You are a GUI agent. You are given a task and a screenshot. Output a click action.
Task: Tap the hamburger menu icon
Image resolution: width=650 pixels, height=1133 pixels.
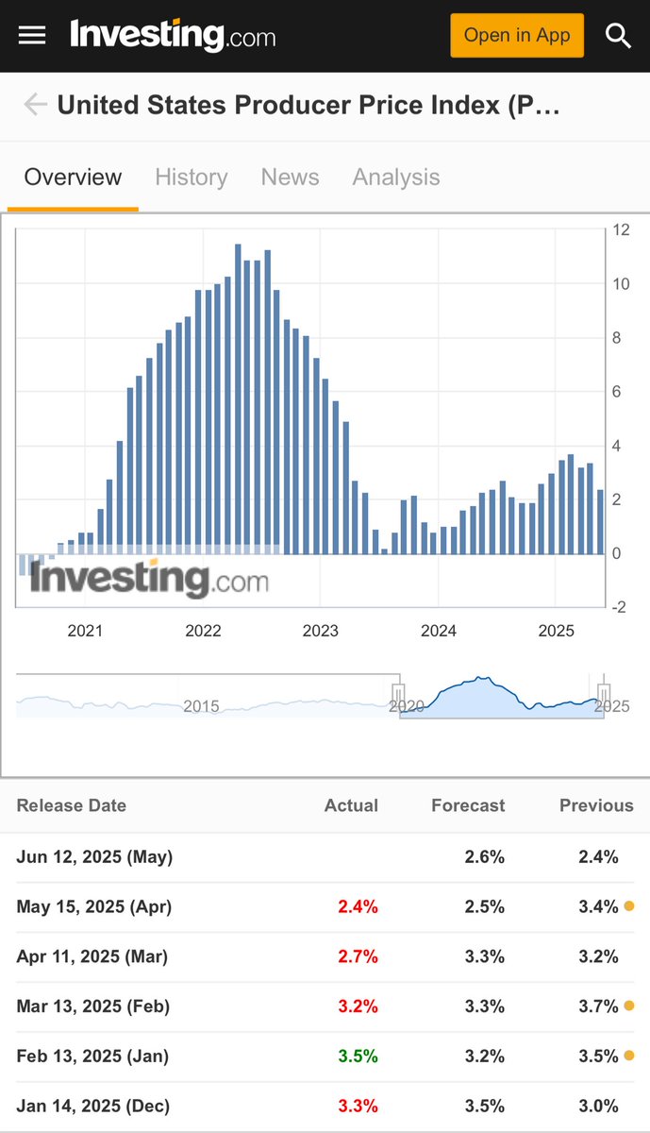32,36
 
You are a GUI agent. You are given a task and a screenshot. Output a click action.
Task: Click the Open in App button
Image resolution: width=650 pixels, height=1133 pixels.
517,36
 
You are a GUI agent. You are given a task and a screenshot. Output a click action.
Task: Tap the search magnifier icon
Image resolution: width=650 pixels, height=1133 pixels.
618,36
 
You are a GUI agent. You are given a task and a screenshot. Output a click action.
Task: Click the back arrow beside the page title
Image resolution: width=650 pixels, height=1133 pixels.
36,104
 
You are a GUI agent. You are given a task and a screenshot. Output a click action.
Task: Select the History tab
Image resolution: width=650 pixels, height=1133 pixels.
192,178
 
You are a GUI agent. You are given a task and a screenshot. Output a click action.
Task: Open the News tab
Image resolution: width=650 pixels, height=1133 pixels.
291,178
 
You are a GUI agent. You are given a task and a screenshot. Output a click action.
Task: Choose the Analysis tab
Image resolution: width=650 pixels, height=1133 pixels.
396,178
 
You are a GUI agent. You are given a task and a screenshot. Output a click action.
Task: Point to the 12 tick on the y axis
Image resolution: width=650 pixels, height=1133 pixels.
621,229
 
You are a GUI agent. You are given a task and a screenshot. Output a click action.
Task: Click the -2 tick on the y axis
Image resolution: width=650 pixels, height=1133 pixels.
619,607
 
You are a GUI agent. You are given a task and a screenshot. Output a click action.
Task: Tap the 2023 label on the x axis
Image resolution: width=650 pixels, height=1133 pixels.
321,631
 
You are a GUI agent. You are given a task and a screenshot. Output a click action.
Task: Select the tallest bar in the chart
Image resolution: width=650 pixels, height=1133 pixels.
238,399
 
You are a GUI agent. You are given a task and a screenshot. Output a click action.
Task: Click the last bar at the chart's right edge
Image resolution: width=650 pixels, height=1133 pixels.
600,522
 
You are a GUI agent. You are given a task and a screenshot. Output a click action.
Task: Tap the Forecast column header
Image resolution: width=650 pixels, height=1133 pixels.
468,805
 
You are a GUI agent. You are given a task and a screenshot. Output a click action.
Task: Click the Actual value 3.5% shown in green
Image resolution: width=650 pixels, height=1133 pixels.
358,1057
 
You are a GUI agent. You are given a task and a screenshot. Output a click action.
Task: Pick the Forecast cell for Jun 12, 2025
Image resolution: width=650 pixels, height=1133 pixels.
484,857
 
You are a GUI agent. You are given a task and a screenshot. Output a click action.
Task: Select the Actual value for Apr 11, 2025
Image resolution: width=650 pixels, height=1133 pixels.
358,956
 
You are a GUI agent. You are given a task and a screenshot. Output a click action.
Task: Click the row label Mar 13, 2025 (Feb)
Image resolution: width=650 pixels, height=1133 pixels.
93,1006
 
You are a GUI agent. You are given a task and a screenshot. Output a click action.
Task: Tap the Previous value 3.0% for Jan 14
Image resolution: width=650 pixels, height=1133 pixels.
598,1107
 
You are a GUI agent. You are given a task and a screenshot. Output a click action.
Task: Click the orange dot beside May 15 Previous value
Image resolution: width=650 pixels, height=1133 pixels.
629,905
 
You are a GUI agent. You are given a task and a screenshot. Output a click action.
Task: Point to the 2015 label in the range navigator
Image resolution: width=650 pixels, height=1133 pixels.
201,706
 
